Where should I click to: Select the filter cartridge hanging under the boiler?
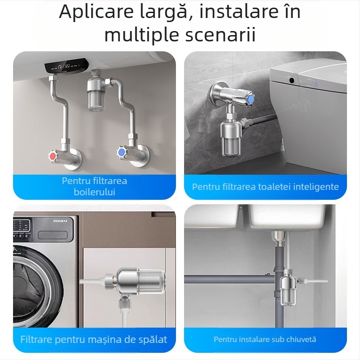98,96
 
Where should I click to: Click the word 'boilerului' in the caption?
94,192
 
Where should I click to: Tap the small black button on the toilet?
292,81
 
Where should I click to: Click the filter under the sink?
288,290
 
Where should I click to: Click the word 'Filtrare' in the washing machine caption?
36,339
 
